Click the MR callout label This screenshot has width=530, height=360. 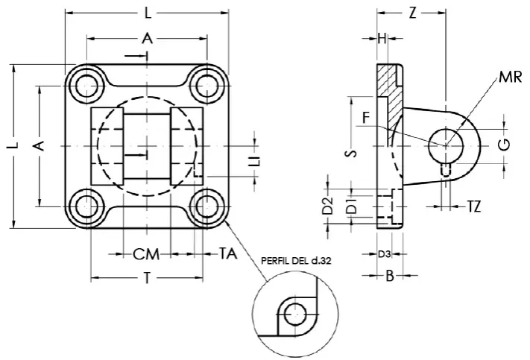pos(511,77)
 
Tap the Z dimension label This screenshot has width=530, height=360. pos(412,13)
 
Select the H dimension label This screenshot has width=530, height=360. pos(382,39)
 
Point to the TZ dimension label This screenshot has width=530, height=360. pos(474,206)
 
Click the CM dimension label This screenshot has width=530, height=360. pos(146,254)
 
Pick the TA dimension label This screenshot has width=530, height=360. pos(228,253)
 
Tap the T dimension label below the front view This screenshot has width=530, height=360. pos(147,278)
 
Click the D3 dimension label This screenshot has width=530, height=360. pos(384,254)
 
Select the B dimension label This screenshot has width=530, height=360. pos(390,276)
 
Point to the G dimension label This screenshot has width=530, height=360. pos(504,145)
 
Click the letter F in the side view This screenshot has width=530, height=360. pos(366,118)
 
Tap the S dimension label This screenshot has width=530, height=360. pos(351,154)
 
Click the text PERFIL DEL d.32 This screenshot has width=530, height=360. pos(296,261)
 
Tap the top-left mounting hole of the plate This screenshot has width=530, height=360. pos(86,86)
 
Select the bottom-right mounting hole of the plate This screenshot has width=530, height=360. pos(206,206)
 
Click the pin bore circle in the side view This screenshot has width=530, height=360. pos(446,145)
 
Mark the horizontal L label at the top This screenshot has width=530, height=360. pos(148,13)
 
